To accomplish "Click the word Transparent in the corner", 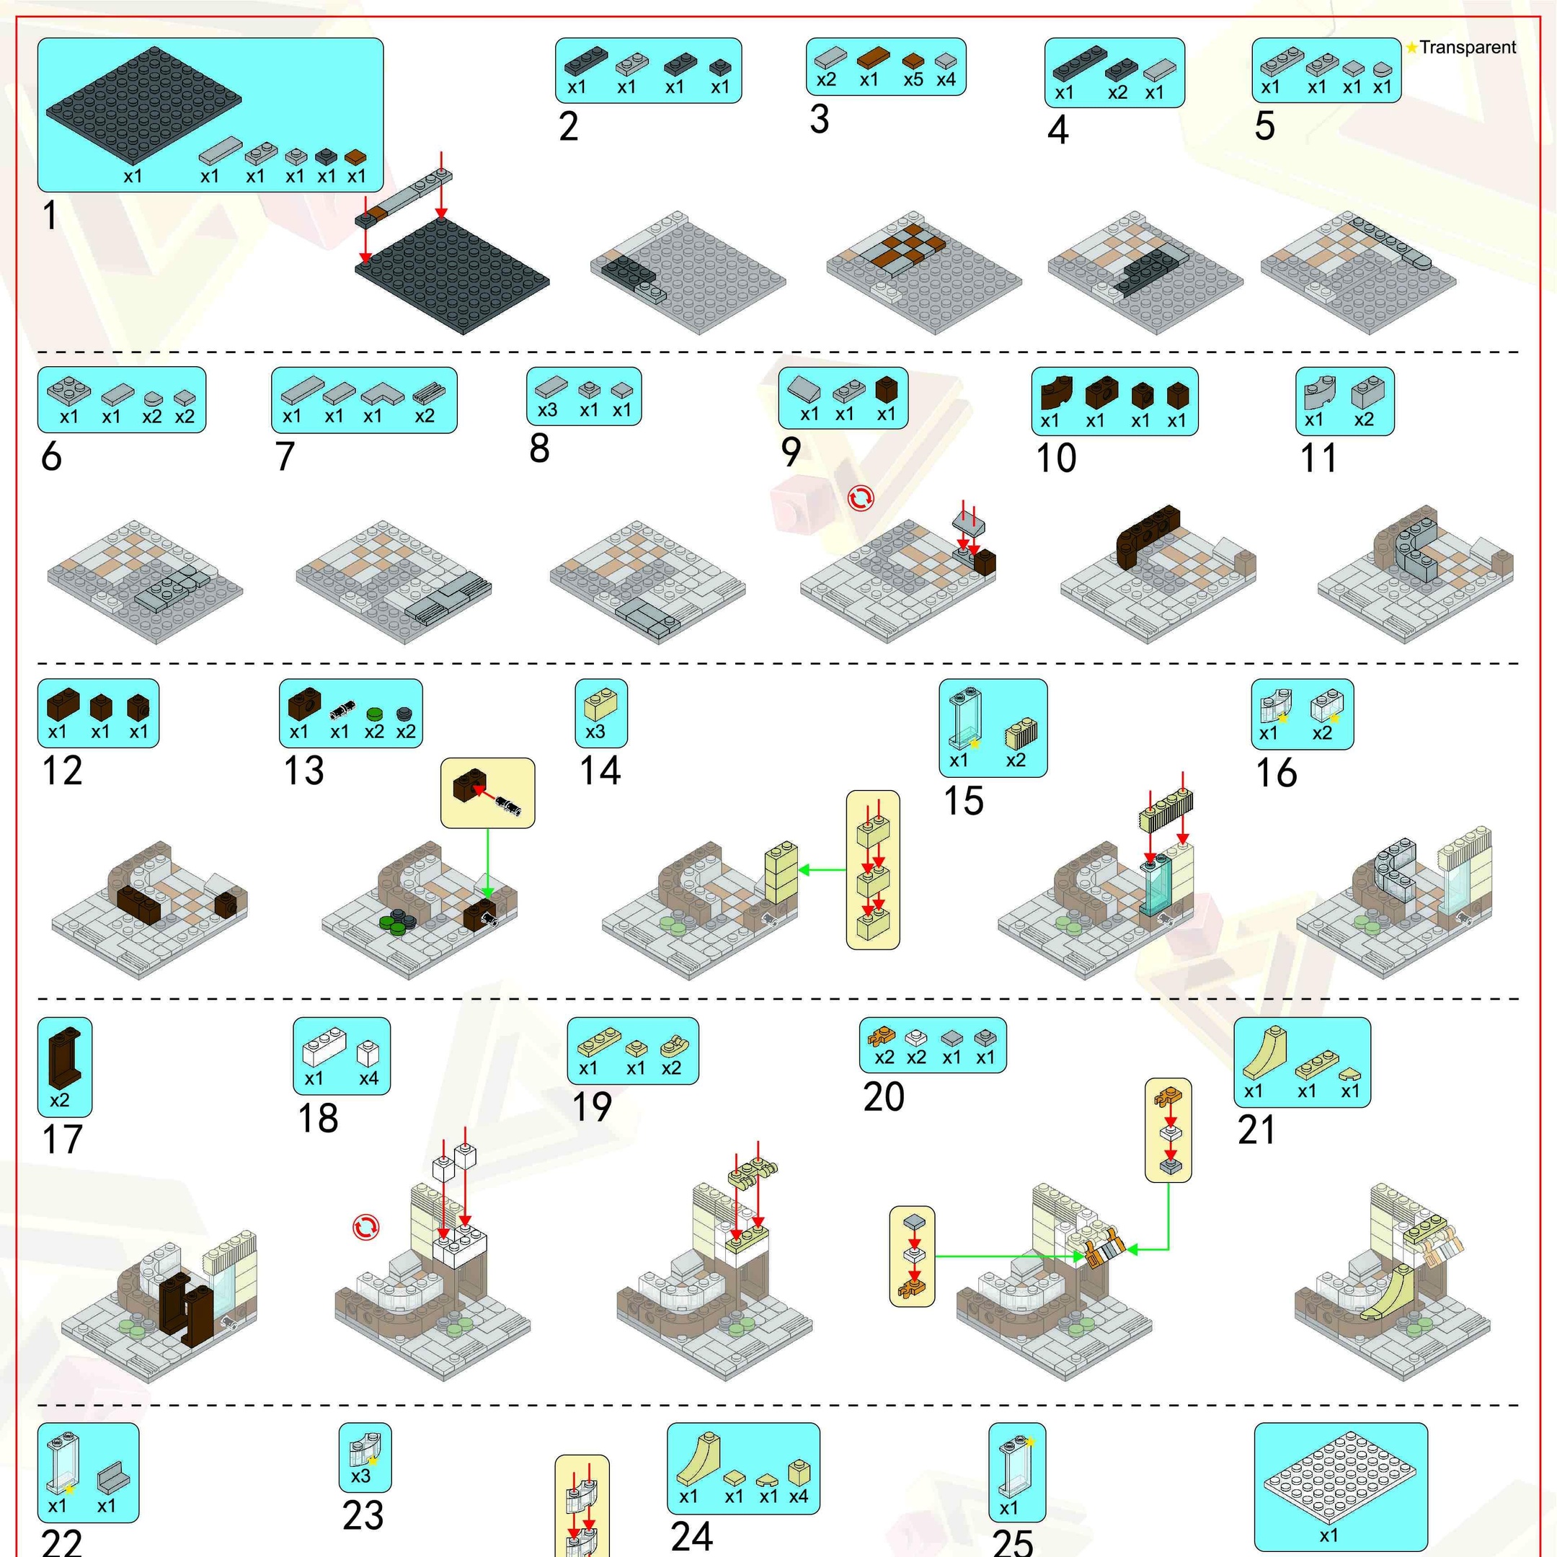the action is pos(1468,47).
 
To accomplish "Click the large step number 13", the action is pos(303,771).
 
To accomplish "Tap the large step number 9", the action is pos(791,451).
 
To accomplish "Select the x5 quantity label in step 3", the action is pos(913,80).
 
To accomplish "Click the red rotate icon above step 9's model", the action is pos(861,499).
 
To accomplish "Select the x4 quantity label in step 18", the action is pos(368,1078).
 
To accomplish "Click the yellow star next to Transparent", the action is pos(1412,48).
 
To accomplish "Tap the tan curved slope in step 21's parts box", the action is pos(1264,1052).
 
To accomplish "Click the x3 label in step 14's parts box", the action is pos(595,732).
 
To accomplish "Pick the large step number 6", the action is pos(52,456).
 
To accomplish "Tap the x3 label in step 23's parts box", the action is pos(360,1476).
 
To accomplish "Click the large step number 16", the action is pos(1277,773).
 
